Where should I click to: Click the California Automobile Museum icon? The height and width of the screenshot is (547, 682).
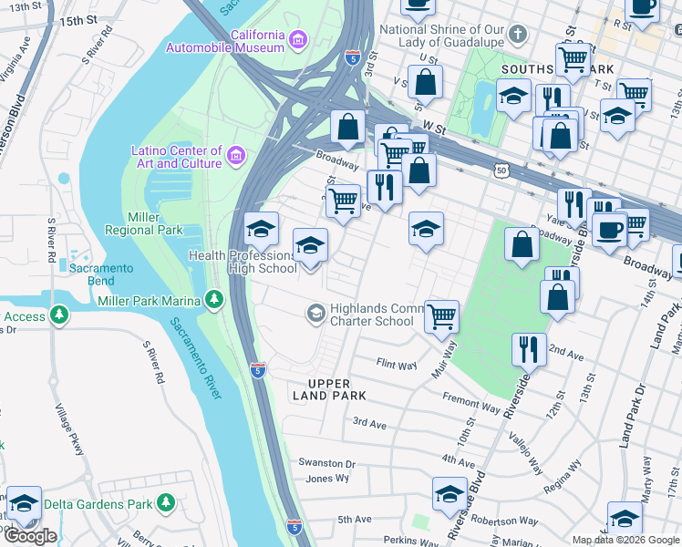point(297,40)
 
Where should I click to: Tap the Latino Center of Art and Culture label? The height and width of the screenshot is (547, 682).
point(177,157)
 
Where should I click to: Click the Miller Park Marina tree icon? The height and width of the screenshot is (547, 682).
point(213,298)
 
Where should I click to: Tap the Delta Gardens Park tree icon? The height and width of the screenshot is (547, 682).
point(165,503)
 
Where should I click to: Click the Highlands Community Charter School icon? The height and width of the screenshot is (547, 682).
point(315,314)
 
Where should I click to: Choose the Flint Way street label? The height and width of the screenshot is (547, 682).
point(397,365)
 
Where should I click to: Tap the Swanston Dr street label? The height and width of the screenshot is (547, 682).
point(326,463)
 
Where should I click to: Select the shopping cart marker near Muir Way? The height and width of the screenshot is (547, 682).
point(441,316)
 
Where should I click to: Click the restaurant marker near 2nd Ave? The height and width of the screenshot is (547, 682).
point(528,347)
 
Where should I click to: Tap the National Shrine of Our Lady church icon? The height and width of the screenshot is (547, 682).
point(518,36)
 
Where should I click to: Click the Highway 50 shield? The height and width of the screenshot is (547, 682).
point(501,170)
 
